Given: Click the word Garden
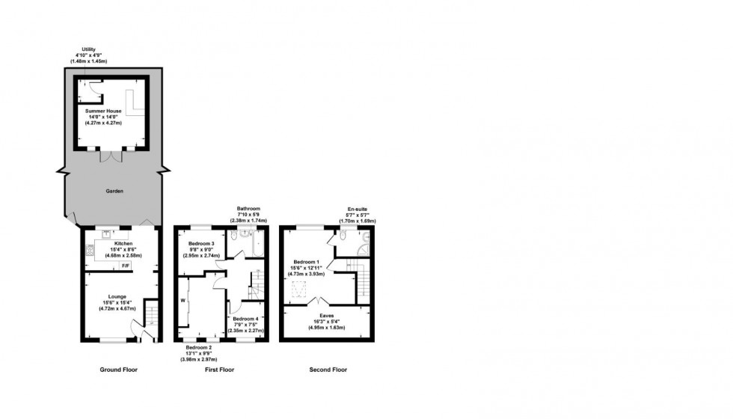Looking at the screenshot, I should (114, 192).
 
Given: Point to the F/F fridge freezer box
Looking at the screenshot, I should (125, 266).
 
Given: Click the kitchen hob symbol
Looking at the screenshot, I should (89, 251).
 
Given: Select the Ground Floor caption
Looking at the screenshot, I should (118, 370).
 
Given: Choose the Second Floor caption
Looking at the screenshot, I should (328, 370).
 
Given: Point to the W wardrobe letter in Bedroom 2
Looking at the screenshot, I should (183, 302).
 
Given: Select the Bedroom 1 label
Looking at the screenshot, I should (307, 268).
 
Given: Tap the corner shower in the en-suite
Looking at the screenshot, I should (364, 250).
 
